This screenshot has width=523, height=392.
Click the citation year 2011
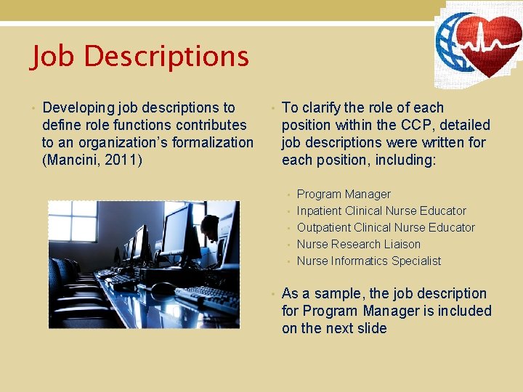click(x=123, y=160)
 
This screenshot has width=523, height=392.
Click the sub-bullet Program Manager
click(x=344, y=194)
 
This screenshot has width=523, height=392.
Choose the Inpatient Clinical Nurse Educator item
click(x=381, y=211)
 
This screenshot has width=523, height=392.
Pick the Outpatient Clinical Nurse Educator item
click(x=386, y=227)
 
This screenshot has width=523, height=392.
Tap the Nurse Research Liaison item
click(x=359, y=244)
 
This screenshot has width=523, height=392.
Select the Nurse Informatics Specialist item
click(x=369, y=261)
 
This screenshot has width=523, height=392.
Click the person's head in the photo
click(x=210, y=226)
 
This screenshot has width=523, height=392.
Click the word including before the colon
click(x=405, y=160)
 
